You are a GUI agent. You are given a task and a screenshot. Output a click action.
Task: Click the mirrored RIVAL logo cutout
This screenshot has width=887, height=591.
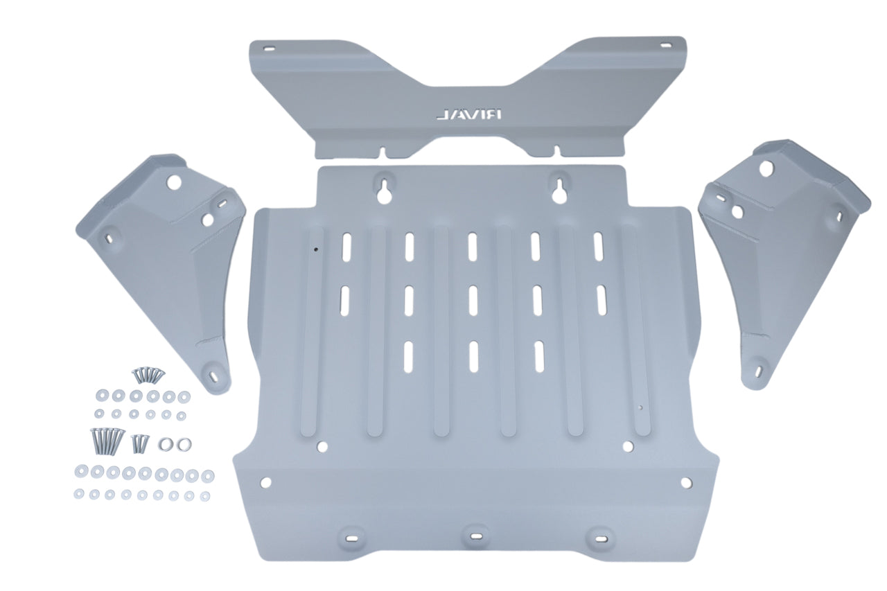(469, 115)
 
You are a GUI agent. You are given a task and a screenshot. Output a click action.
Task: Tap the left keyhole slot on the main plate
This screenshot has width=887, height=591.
(384, 188)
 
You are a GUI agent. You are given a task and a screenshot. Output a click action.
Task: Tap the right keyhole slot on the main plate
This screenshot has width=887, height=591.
(559, 188)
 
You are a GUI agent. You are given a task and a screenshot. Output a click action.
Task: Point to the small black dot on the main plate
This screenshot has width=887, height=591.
(315, 250)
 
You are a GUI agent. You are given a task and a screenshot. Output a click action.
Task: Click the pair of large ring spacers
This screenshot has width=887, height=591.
(175, 443)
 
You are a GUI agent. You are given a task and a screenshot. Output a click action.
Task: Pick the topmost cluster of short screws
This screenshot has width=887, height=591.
(148, 375)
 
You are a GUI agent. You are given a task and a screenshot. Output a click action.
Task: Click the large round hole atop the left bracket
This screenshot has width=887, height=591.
(173, 182)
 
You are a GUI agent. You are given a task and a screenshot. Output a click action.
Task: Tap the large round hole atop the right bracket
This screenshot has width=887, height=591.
(766, 167)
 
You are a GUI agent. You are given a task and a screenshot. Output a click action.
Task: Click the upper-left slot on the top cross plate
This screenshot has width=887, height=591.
(267, 48)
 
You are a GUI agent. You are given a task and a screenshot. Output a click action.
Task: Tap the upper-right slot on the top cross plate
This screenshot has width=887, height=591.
(666, 46)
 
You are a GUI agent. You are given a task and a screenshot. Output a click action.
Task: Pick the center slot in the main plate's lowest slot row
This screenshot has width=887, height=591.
(473, 355)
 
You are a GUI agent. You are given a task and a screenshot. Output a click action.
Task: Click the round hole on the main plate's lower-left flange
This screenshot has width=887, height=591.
(265, 481)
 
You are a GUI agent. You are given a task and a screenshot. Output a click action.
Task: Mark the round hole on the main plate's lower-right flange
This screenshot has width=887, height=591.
(685, 482)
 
